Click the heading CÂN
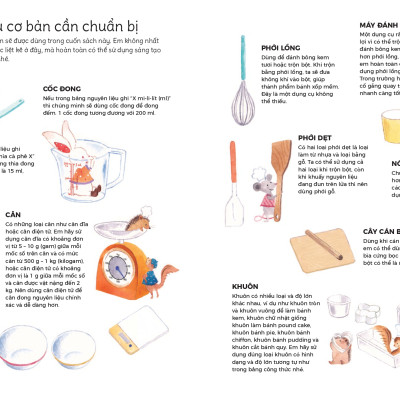click(14, 214)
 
